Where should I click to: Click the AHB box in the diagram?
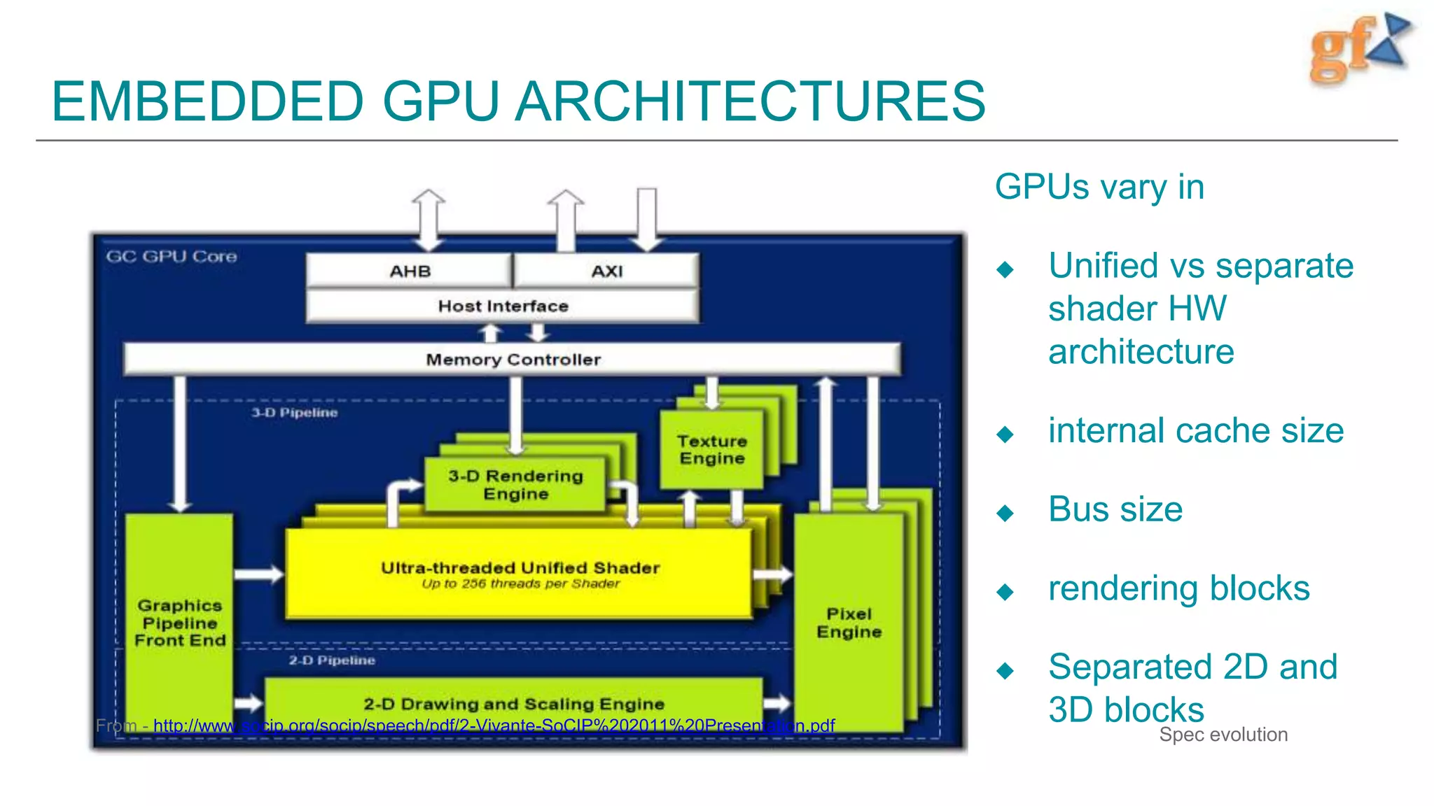[410, 271]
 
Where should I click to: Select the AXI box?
[606, 271]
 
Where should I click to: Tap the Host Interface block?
[503, 306]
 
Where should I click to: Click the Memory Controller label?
[513, 360]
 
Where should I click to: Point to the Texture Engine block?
[711, 450]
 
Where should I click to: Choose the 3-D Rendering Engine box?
[515, 485]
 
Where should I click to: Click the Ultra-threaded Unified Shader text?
[520, 568]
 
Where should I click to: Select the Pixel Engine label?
[849, 623]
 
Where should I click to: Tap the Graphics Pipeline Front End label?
[180, 623]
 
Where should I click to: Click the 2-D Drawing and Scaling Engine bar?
[513, 703]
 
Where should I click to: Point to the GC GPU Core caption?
[172, 257]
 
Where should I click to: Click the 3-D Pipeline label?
[295, 413]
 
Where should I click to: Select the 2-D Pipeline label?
[332, 660]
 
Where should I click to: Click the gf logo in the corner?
[1358, 49]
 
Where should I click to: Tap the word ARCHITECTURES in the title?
[750, 102]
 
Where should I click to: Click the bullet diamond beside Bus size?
[1005, 513]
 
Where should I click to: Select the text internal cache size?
[1195, 431]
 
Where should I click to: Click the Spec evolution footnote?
[1223, 735]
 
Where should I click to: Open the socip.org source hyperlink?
[494, 726]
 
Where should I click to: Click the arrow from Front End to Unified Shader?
[258, 574]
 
